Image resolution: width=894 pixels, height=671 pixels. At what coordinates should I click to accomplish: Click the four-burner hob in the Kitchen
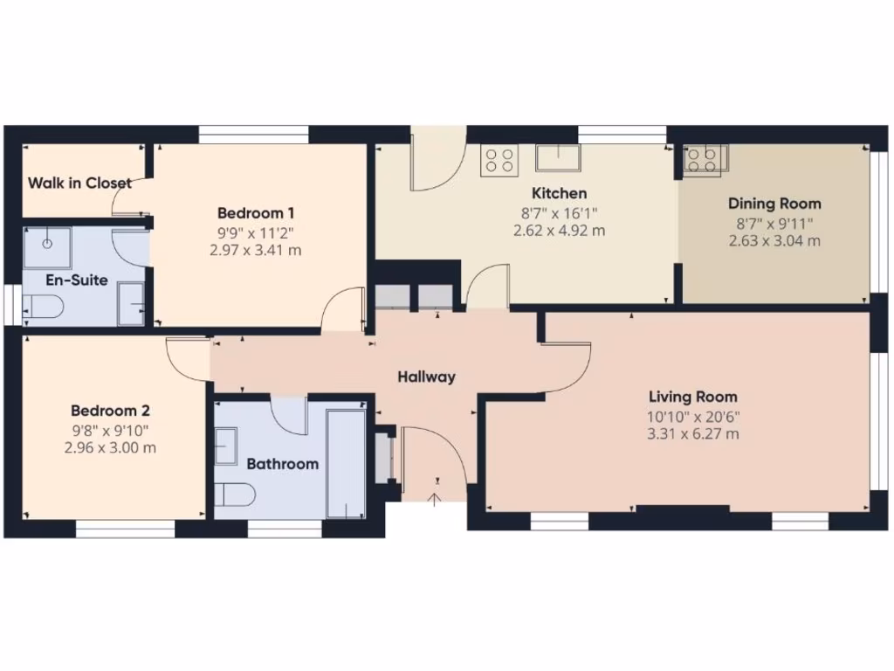[499, 160]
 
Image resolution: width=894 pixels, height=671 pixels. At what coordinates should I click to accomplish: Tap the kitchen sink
[559, 158]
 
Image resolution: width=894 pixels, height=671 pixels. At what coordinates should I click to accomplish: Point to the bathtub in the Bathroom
[345, 462]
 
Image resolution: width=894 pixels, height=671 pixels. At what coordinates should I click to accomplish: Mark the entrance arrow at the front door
[435, 499]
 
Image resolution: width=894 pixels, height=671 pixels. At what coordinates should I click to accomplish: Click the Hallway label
[427, 377]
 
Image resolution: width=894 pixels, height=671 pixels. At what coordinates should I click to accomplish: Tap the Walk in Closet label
[79, 183]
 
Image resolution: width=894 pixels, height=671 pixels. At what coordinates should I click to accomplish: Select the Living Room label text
[692, 398]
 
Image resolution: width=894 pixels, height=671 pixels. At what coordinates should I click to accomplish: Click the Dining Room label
[774, 204]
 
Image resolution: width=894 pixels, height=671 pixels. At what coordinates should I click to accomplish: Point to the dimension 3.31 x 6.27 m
[693, 434]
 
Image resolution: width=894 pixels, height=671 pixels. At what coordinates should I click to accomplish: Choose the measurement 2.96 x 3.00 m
[110, 447]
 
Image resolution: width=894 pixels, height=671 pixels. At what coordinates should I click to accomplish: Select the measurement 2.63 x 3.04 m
[774, 240]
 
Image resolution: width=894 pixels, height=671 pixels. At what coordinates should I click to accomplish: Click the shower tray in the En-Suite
[47, 247]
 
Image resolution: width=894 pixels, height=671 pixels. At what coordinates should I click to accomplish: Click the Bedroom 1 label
[256, 213]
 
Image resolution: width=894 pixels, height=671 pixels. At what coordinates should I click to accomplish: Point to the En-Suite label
[77, 280]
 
